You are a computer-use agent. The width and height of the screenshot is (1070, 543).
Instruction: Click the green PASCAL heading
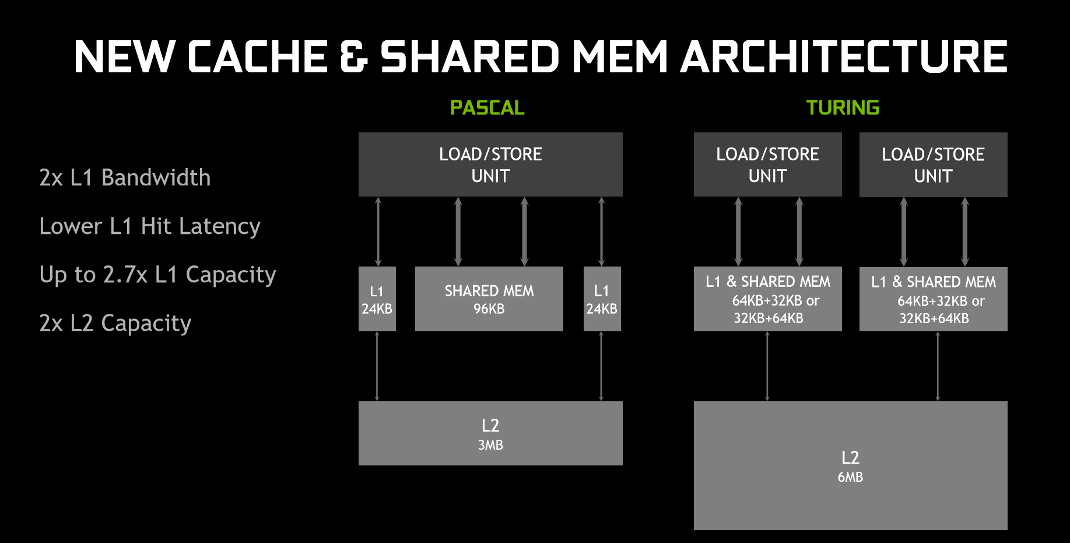(x=487, y=108)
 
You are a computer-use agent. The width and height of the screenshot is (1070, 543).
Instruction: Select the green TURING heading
(x=843, y=108)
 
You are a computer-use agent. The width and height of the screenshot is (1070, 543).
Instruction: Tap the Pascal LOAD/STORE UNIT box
(x=490, y=164)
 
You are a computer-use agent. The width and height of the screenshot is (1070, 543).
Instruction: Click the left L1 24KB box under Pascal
(x=377, y=299)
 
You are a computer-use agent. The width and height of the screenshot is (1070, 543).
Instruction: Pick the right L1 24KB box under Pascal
(x=602, y=299)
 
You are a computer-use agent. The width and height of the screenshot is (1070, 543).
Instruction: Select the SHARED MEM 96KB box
(x=489, y=299)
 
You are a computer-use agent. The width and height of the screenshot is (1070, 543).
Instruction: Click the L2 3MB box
(x=490, y=433)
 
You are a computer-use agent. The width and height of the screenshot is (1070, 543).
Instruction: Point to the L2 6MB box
(x=850, y=465)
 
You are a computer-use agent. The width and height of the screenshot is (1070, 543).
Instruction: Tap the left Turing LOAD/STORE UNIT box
(x=767, y=164)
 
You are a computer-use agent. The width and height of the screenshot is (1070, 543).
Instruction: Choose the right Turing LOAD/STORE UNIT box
(x=933, y=164)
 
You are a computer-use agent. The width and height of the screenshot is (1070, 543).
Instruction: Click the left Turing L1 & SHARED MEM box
(x=767, y=299)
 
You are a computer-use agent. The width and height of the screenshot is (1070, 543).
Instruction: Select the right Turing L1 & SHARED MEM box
(x=933, y=299)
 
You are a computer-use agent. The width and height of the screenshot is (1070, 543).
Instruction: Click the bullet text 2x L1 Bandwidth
(x=125, y=178)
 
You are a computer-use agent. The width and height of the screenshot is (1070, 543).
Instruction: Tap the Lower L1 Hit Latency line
(x=149, y=226)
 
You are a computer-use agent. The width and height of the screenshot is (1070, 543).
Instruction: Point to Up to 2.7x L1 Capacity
(x=157, y=275)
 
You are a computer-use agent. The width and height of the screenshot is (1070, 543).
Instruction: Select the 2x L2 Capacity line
(x=115, y=323)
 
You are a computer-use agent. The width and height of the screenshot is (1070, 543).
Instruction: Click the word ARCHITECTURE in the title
(x=844, y=57)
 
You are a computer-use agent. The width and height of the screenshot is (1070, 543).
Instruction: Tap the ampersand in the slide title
(x=353, y=57)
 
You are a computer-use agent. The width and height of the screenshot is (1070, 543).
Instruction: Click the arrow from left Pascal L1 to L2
(x=377, y=366)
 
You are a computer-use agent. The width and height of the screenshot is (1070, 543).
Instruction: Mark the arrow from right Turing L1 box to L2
(x=938, y=366)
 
